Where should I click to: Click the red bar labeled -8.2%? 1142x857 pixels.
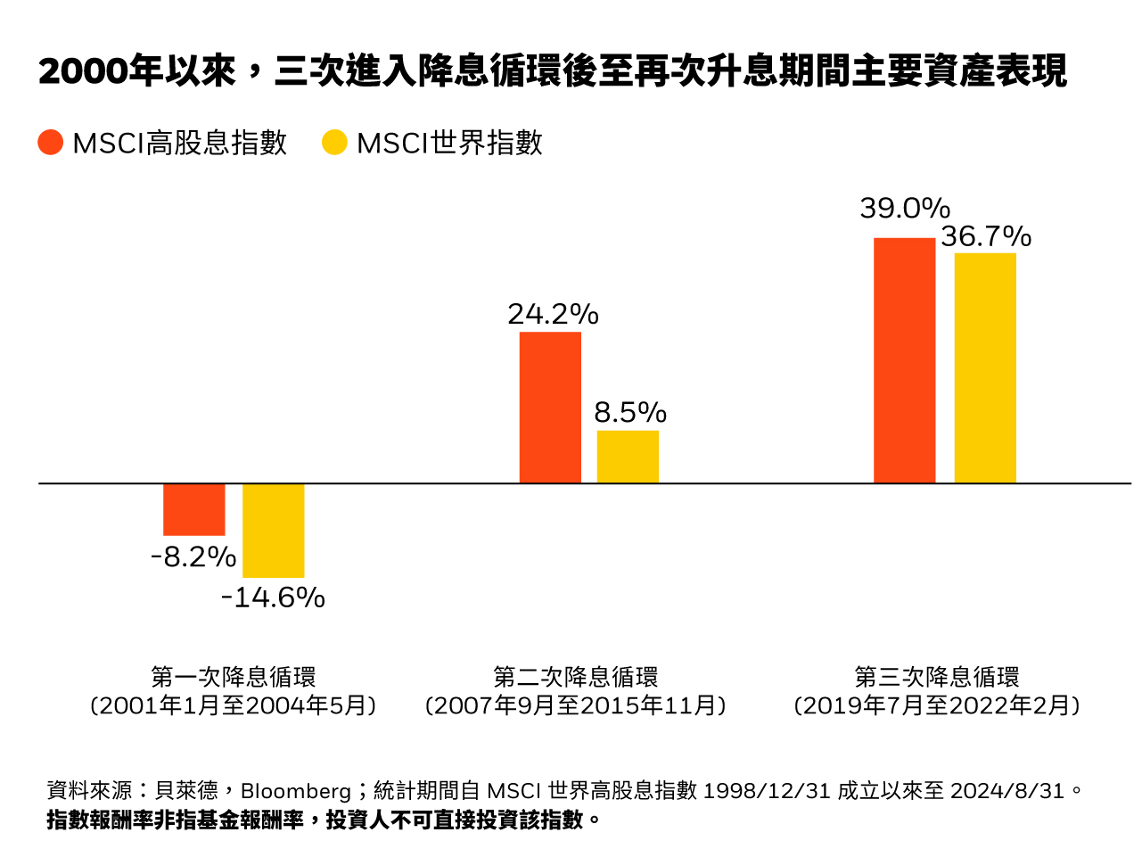pos(194,509)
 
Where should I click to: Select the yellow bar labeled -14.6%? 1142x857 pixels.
pos(274,531)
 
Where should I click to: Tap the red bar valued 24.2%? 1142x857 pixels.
pos(550,408)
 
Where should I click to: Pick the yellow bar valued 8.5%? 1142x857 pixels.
pos(628,457)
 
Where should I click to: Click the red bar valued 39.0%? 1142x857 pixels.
pos(904,360)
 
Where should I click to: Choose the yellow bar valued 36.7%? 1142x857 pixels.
pos(985,368)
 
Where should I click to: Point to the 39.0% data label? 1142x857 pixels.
pos(904,209)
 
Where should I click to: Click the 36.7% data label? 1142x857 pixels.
pos(985,236)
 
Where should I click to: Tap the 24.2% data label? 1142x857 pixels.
pos(553,314)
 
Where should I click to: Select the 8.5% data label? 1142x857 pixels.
pos(630,413)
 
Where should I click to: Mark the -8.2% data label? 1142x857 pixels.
pos(193,557)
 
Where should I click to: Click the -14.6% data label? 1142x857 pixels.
pos(273,597)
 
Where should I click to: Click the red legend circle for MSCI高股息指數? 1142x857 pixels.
pos(51,143)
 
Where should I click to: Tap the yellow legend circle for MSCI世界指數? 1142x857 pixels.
pos(334,143)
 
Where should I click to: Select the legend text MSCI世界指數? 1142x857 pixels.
pos(449,143)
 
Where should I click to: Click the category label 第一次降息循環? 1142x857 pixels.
pos(234,677)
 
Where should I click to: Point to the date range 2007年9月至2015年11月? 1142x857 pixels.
pos(576,706)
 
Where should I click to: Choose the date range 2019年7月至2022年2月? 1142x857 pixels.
pos(937,706)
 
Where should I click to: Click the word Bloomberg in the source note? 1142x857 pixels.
pos(296,791)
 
